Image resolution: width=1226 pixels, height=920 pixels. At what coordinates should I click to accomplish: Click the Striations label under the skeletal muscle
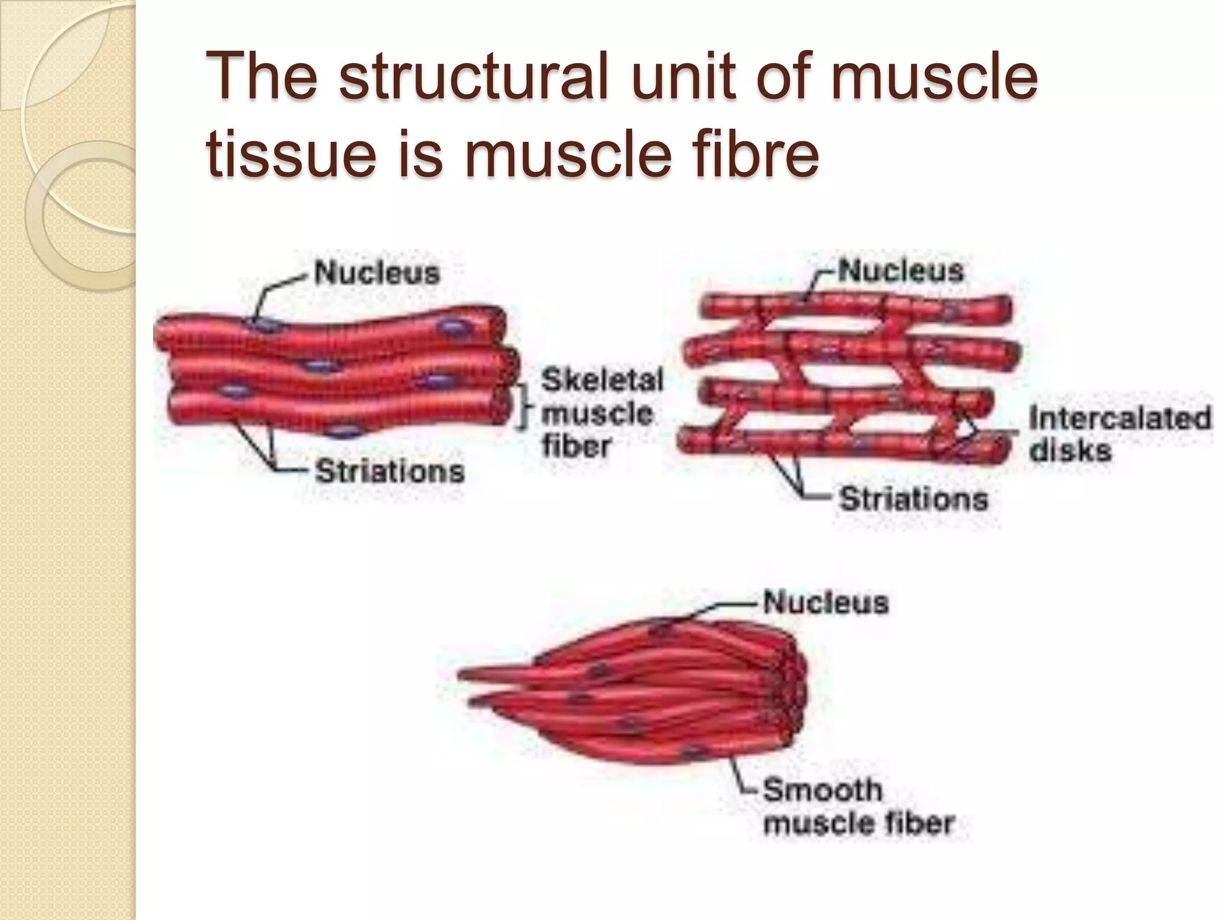390,471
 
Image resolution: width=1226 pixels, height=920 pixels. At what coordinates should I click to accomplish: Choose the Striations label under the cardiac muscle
913,498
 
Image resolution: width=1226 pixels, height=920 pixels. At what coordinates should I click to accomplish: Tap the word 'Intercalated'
1119,417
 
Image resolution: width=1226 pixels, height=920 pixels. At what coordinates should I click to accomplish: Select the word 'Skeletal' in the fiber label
602,380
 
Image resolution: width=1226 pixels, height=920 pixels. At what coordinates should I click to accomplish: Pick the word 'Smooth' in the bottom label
823,789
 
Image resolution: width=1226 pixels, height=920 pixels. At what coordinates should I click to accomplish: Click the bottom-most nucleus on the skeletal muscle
342,432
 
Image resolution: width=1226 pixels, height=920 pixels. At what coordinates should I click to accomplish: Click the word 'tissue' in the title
292,155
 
